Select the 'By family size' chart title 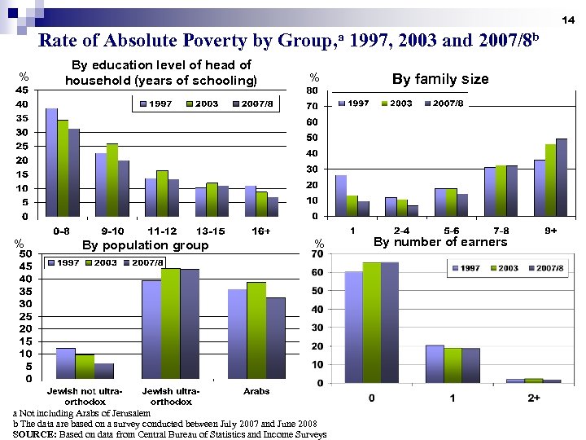(x=440, y=79)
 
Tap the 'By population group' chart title (x=145, y=245)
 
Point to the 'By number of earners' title (x=439, y=242)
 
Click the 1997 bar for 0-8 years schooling (x=51, y=163)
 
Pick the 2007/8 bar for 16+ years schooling (x=273, y=207)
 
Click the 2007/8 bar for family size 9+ (x=561, y=178)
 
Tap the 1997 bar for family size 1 (x=341, y=196)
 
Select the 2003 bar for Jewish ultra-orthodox (x=171, y=323)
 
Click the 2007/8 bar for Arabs (x=276, y=338)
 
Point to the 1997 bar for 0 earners (x=353, y=327)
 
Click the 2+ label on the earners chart (x=533, y=398)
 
